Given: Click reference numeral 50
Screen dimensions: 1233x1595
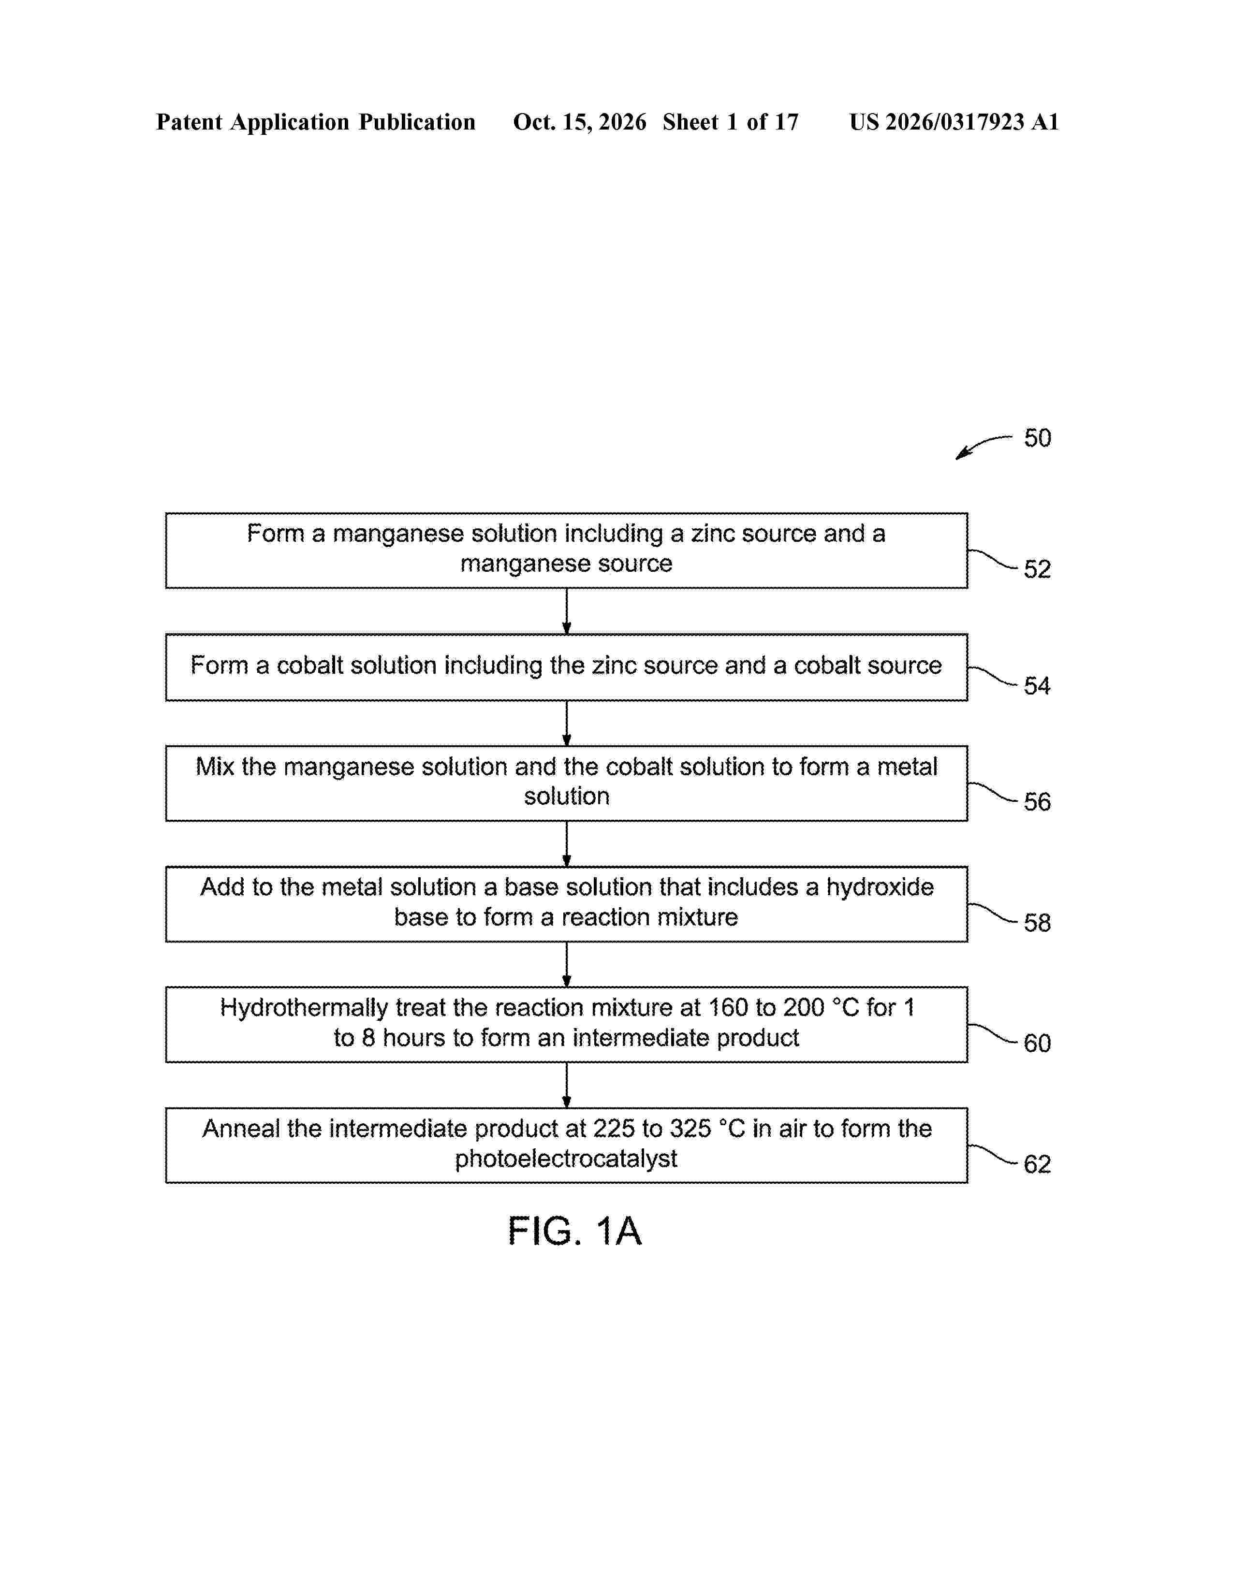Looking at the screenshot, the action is pyautogui.click(x=1037, y=438).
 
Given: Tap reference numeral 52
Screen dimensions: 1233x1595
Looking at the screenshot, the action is pyautogui.click(x=1037, y=569).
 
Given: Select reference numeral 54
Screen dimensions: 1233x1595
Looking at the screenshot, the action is pyautogui.click(x=1037, y=686).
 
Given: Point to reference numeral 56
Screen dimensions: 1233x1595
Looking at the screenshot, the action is pyautogui.click(x=1037, y=802).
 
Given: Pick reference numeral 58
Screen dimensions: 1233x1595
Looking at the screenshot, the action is pyautogui.click(x=1037, y=922).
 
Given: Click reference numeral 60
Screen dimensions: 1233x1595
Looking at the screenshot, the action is pyautogui.click(x=1037, y=1043).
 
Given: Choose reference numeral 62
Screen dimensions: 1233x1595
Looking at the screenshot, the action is pyautogui.click(x=1037, y=1164).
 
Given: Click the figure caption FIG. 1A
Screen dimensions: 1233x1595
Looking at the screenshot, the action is pyautogui.click(x=575, y=1232).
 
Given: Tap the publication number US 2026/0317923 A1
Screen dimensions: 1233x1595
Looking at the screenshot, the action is pyautogui.click(x=954, y=122).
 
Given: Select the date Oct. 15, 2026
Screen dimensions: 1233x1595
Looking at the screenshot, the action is pyautogui.click(x=579, y=122).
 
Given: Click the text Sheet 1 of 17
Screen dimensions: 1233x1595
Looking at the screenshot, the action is pyautogui.click(x=731, y=122).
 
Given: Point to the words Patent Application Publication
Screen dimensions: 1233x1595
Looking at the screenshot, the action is pyautogui.click(x=316, y=122).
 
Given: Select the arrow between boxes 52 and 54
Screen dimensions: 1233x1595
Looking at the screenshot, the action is pyautogui.click(x=567, y=611).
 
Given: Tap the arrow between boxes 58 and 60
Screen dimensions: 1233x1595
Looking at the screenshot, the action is pyautogui.click(x=567, y=965).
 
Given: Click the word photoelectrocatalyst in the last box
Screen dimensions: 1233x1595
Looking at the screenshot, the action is pyautogui.click(x=566, y=1159).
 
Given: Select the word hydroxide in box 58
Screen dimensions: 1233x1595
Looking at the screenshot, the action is pyautogui.click(x=880, y=887).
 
